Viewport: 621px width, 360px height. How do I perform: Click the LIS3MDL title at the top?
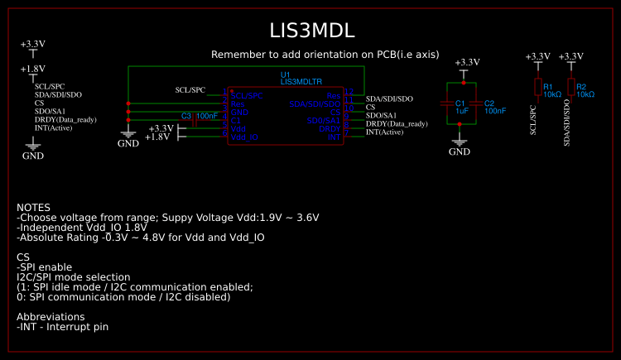coord(312,31)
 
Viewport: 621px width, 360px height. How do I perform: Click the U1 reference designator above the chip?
coord(286,75)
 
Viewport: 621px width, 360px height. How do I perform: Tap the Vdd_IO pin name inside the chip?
coord(244,137)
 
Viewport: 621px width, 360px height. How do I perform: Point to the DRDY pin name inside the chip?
coord(330,128)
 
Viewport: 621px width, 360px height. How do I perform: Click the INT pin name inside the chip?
coord(335,137)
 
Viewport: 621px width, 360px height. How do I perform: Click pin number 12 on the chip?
coord(349,92)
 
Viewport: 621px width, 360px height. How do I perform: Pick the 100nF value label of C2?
coord(495,110)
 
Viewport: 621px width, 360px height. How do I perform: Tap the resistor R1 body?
coord(537,87)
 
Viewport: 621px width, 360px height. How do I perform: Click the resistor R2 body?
coord(570,87)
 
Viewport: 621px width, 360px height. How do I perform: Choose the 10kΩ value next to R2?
coord(585,94)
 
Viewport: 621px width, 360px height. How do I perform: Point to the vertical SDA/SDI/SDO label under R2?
coord(567,124)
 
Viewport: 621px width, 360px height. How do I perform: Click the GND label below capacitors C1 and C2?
coord(459,151)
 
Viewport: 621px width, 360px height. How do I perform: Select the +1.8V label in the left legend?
coord(32,70)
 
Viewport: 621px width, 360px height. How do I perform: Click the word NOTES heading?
coord(33,207)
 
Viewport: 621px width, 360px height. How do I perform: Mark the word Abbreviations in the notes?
coord(51,316)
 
